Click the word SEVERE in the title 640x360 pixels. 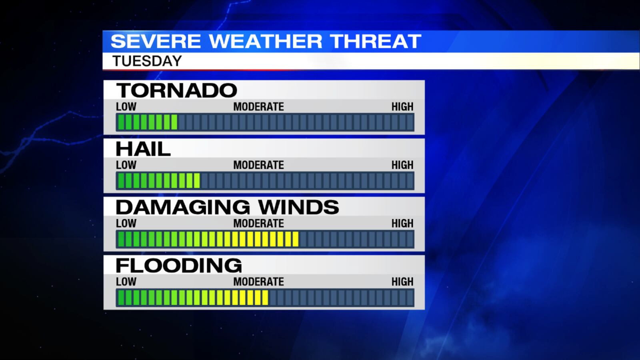156,42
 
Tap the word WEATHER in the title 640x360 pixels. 266,42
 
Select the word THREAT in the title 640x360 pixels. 376,42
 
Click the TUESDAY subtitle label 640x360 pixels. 147,61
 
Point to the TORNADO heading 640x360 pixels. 176,90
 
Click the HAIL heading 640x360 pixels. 143,149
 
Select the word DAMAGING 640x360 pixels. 183,207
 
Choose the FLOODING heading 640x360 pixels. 179,266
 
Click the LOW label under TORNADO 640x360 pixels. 126,107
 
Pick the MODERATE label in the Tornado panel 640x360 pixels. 258,107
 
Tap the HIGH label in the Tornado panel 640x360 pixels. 402,107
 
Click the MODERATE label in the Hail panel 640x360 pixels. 258,165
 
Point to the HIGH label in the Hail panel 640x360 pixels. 402,165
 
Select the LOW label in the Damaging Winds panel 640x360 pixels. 126,224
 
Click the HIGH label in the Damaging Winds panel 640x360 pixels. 402,224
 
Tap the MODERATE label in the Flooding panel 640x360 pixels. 258,282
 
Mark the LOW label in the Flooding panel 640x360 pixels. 126,282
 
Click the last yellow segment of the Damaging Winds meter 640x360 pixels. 296,239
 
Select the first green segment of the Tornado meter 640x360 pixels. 121,122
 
